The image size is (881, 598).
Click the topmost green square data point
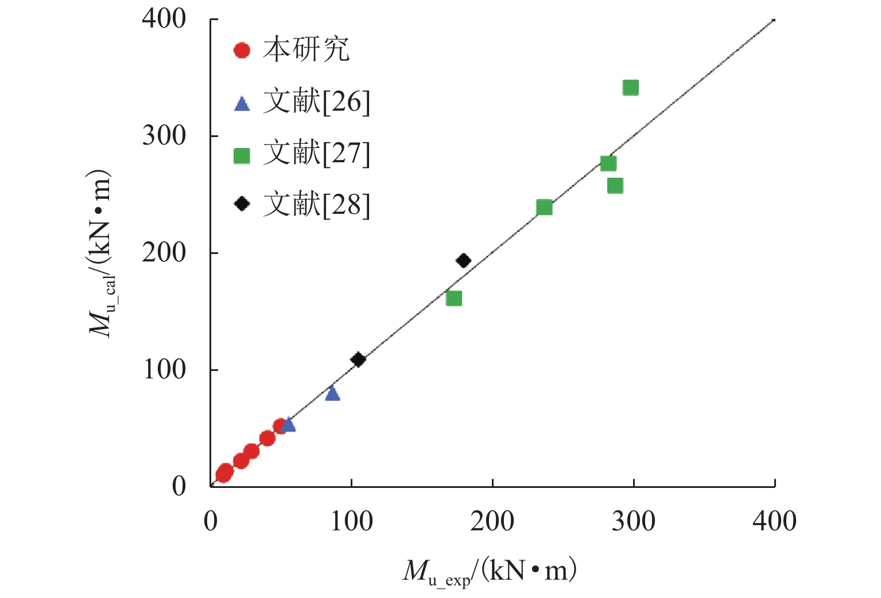click(630, 88)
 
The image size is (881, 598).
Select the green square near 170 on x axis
click(453, 298)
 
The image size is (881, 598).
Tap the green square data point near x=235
click(544, 208)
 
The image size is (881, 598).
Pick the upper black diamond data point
click(463, 261)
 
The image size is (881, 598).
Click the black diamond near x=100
click(358, 360)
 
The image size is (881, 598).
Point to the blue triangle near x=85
click(332, 393)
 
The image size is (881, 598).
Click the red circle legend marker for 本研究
click(242, 50)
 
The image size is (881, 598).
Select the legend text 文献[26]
click(316, 103)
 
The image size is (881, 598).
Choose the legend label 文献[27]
click(316, 154)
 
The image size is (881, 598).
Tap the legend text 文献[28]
click(316, 205)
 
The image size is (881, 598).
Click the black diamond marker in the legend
click(242, 204)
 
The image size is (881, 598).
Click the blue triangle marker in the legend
click(242, 104)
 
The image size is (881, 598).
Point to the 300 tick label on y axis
click(164, 136)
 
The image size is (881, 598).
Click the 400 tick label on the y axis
click(164, 19)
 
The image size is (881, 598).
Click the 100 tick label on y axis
click(164, 370)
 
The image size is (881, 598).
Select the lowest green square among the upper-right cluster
click(615, 186)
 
